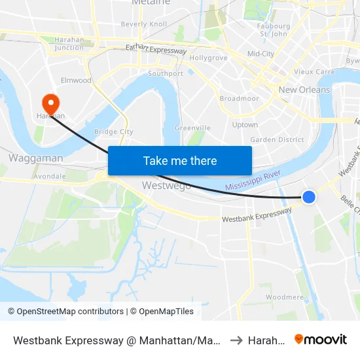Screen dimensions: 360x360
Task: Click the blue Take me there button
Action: click(179, 160)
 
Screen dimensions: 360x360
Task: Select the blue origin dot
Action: click(308, 196)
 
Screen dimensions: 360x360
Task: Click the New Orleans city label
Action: click(304, 90)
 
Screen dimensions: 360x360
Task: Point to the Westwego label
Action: click(167, 185)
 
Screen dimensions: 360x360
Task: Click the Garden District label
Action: click(277, 139)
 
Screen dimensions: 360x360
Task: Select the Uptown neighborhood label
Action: click(245, 124)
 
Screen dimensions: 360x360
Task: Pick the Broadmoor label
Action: click(239, 99)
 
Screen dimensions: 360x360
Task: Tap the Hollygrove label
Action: click(208, 58)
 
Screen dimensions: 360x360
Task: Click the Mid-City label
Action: click(261, 54)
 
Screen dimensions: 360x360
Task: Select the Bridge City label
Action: click(114, 132)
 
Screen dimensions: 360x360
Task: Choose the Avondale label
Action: click(50, 176)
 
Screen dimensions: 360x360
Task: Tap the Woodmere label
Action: click(285, 297)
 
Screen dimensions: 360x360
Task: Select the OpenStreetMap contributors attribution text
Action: click(65, 312)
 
